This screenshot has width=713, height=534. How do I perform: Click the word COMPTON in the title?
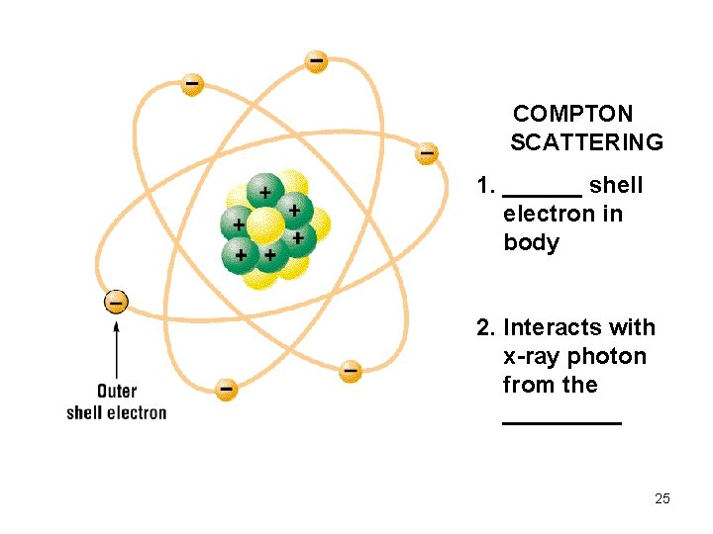(x=572, y=114)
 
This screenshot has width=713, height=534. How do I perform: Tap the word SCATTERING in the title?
(x=586, y=142)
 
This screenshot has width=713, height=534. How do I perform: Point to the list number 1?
(x=484, y=186)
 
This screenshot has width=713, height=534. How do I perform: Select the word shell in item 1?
(x=616, y=186)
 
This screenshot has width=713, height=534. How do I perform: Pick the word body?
(x=531, y=243)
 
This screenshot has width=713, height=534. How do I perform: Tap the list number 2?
(x=484, y=328)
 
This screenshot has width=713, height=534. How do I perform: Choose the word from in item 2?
(x=528, y=385)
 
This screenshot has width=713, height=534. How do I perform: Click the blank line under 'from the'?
(x=561, y=422)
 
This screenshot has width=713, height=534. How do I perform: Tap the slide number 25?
(x=662, y=498)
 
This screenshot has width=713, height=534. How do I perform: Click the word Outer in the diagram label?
(x=117, y=392)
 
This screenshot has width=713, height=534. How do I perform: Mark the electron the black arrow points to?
(x=117, y=301)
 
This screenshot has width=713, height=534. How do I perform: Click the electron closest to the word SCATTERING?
(x=426, y=153)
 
